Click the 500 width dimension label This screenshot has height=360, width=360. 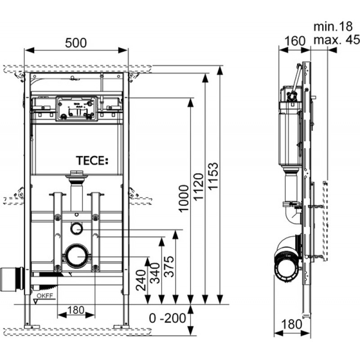(x=76, y=43)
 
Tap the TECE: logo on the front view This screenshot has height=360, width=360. (x=92, y=161)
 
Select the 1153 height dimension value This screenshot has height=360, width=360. (x=213, y=176)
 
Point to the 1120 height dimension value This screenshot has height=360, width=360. (x=198, y=187)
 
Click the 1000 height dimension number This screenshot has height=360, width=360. (x=184, y=198)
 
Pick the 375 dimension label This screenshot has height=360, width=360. (x=170, y=266)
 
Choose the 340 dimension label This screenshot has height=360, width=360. (x=155, y=273)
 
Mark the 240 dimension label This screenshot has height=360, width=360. (x=141, y=280)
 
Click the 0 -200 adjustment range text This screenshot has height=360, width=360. (x=167, y=318)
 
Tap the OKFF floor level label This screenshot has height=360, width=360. (x=45, y=296)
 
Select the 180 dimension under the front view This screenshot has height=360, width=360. (x=76, y=310)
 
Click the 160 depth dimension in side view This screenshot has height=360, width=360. (x=295, y=41)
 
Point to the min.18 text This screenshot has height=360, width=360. (x=333, y=27)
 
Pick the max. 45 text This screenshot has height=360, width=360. (x=337, y=40)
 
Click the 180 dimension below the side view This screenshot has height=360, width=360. (x=291, y=324)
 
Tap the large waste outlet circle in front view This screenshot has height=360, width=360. (x=77, y=256)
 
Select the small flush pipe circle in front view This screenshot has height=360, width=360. (x=76, y=229)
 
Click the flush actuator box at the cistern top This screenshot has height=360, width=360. (x=76, y=108)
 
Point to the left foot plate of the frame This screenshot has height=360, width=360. (x=32, y=327)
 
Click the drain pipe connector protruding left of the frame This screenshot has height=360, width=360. (x=12, y=279)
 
